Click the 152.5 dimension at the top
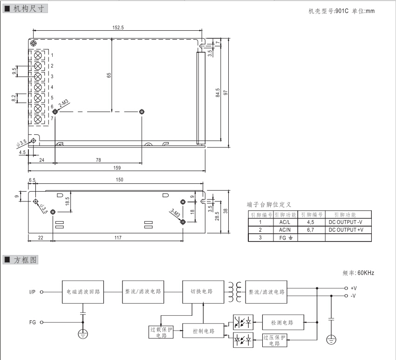(118, 28)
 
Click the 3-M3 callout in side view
(175, 213)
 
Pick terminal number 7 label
(52, 118)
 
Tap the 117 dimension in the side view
(117, 238)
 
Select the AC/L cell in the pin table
(285, 222)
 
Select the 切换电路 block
(202, 291)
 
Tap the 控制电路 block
(204, 331)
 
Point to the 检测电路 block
(285, 322)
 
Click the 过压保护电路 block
(274, 340)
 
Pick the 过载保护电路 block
(161, 332)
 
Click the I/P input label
(32, 292)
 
